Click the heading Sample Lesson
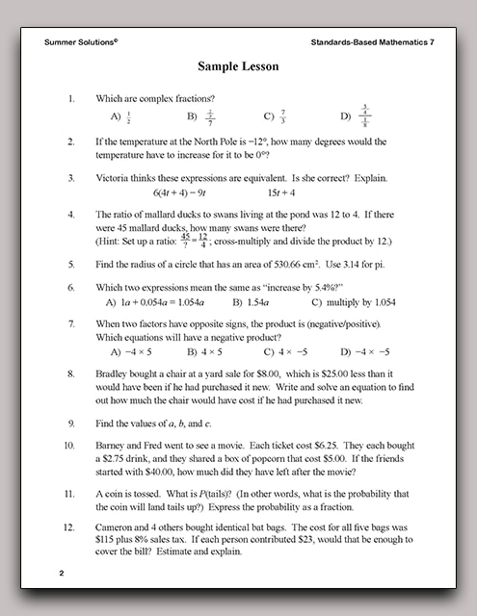coord(238,67)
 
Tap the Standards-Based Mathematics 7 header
coord(367,43)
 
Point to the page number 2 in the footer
coord(61,574)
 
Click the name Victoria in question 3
coord(118,178)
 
